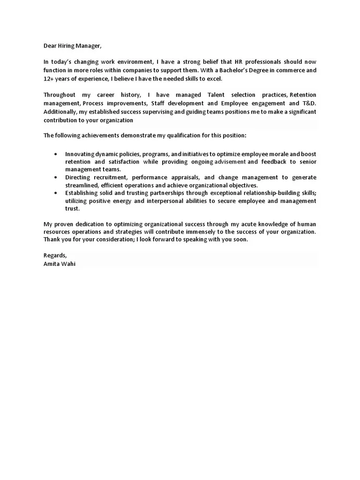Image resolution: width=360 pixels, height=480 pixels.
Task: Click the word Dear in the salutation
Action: tap(50, 45)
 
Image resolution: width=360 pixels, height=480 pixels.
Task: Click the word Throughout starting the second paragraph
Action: tap(60, 95)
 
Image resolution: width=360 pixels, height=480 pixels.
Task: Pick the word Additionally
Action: tap(59, 112)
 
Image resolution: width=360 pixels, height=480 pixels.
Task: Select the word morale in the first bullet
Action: tap(273, 153)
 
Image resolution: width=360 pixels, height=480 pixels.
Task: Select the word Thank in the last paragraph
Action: tap(52, 240)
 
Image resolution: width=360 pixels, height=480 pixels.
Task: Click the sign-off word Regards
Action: tap(55, 255)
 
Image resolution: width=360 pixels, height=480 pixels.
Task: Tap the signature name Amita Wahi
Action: tap(59, 263)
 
